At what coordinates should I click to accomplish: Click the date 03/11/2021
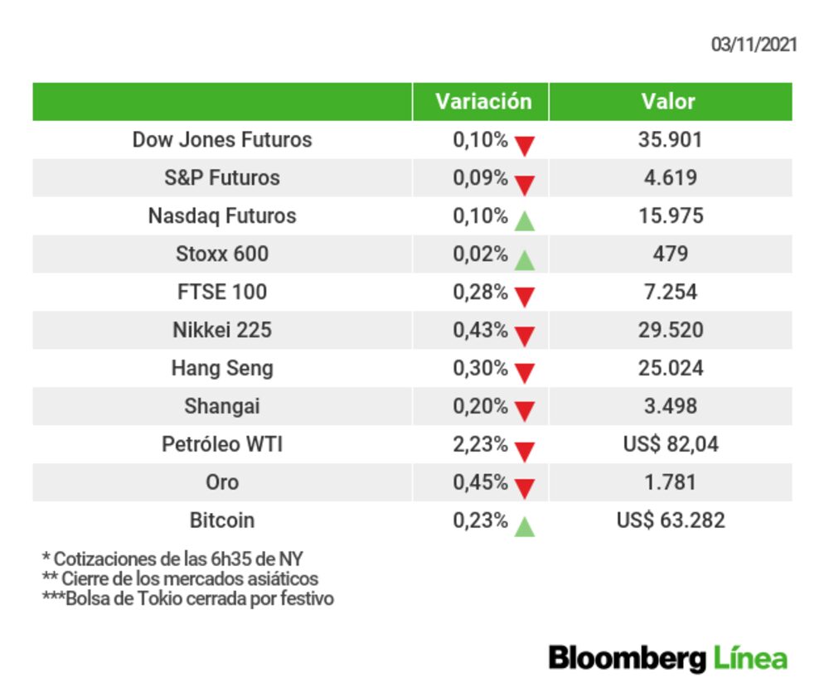point(754,45)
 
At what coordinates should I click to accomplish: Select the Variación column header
point(483,101)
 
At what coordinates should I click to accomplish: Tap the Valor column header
point(668,101)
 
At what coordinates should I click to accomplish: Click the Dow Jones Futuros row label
point(222,139)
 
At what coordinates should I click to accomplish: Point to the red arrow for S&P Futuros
point(524,184)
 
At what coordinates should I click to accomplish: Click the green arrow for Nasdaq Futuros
point(524,221)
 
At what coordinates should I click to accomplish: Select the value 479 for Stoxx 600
point(670,254)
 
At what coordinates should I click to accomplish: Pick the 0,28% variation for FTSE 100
point(480,292)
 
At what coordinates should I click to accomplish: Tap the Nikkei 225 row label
point(222,330)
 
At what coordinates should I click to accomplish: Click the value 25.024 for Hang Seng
point(670,368)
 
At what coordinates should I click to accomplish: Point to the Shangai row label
point(222,406)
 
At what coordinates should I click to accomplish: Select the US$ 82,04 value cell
point(670,444)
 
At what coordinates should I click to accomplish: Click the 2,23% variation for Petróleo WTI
point(480,444)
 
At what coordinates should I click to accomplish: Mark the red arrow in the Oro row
point(524,489)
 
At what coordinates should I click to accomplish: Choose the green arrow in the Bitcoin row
point(524,526)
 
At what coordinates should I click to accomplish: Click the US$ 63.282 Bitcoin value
point(670,520)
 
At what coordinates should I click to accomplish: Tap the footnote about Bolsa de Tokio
point(188,598)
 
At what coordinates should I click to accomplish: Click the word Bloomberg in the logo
point(627,659)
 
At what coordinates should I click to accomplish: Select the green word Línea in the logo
point(749,659)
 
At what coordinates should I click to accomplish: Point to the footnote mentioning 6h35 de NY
point(178,559)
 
